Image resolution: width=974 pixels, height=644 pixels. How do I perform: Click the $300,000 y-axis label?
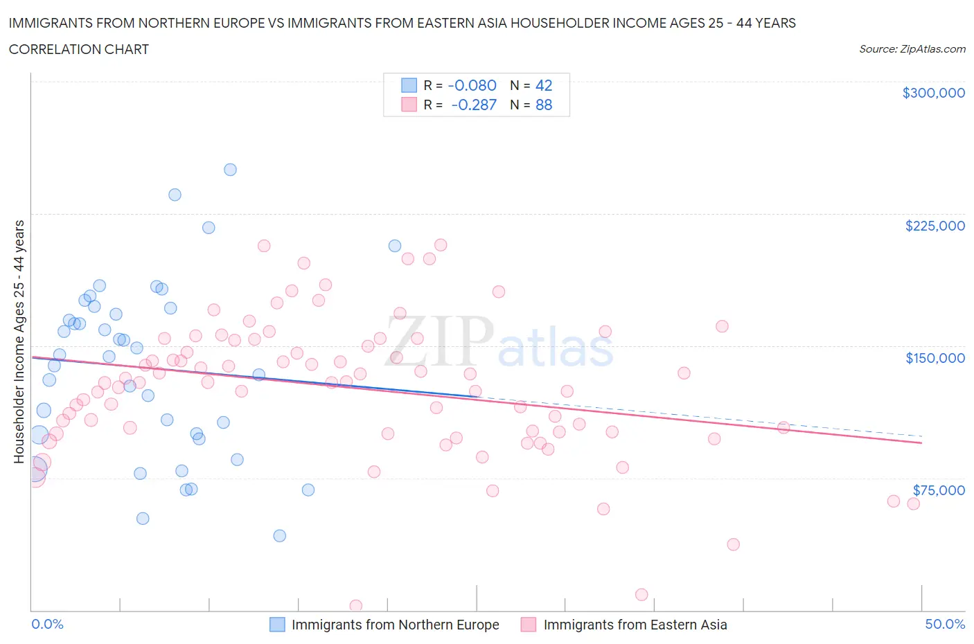tap(933, 93)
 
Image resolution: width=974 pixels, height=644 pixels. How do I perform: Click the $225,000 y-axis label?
tap(935, 226)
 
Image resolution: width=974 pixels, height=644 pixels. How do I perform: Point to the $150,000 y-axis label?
tap(935, 358)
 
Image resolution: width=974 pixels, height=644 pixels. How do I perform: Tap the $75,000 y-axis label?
tap(939, 490)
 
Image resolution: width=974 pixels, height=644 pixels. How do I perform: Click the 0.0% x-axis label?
tap(47, 624)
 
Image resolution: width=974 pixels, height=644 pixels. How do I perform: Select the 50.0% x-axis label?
tap(945, 624)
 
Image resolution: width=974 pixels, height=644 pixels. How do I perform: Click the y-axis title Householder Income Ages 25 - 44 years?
tap(19, 341)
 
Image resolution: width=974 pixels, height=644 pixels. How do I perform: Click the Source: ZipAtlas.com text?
tap(912, 49)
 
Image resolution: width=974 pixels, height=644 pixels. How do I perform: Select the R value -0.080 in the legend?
tap(472, 85)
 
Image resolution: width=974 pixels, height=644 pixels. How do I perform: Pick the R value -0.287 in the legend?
tap(473, 105)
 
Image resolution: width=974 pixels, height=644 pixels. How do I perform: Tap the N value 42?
tap(544, 85)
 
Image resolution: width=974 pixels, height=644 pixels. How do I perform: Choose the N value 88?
tap(544, 105)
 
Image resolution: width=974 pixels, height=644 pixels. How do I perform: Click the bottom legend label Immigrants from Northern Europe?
tap(395, 625)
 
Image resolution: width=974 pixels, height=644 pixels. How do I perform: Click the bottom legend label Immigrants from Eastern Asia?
tap(635, 625)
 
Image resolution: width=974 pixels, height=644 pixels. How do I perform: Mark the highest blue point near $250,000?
tap(230, 170)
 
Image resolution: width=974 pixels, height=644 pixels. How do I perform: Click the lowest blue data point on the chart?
tap(279, 535)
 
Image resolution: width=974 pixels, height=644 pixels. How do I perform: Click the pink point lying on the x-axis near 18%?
tap(355, 606)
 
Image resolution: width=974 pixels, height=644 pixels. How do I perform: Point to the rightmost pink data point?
tap(913, 503)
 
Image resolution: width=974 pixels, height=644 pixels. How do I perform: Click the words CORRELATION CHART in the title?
tap(79, 49)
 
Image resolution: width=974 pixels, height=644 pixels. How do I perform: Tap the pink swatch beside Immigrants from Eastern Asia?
tap(529, 625)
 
